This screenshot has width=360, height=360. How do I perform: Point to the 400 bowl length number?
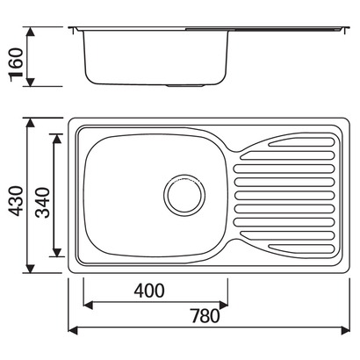coord(151,291)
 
